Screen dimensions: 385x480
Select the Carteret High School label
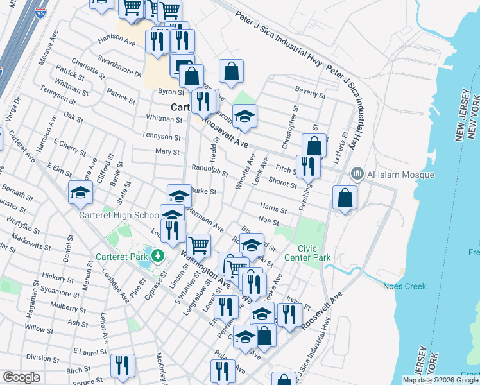(x=119, y=216)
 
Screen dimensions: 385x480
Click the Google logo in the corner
(x=22, y=377)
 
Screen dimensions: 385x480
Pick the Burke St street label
(x=204, y=191)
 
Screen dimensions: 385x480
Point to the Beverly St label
(x=310, y=94)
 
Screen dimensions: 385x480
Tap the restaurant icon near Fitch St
(x=308, y=167)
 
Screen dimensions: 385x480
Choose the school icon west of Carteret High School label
(x=80, y=193)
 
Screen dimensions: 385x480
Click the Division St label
(x=43, y=358)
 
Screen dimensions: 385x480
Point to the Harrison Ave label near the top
(x=117, y=40)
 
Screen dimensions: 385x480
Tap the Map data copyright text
(x=440, y=380)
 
